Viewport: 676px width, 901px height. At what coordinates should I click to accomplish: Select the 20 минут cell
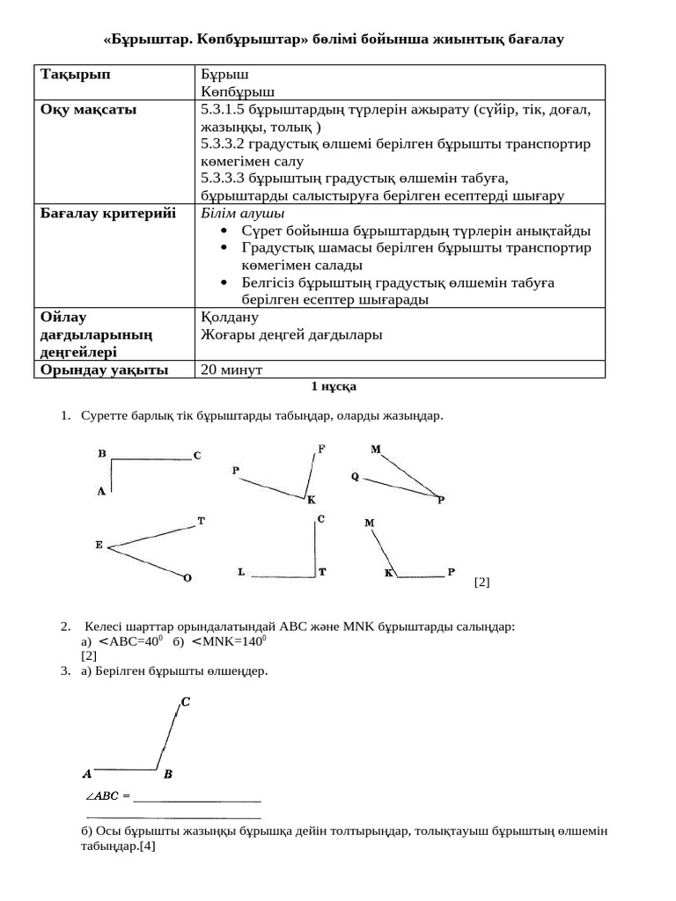(231, 370)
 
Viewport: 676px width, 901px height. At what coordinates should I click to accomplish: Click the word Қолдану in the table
(230, 318)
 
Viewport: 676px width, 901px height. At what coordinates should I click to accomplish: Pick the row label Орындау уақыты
(105, 370)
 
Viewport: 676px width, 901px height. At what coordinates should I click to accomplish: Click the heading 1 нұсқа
(334, 386)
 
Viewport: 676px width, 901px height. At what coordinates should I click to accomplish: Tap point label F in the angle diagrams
(321, 449)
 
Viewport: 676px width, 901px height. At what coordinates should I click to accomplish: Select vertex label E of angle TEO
(99, 546)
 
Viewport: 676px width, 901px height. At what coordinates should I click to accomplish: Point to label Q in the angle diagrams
(355, 477)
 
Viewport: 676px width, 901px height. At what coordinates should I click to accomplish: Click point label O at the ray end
(187, 578)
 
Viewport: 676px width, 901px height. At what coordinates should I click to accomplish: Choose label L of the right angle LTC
(241, 573)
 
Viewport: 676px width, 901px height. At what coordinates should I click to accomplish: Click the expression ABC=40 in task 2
(132, 641)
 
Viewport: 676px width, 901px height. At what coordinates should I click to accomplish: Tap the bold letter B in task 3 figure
(168, 775)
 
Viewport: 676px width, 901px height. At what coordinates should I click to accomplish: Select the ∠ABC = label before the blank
(107, 796)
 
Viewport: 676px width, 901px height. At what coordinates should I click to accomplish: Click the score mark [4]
(147, 846)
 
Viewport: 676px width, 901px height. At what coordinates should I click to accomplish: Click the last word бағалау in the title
(528, 40)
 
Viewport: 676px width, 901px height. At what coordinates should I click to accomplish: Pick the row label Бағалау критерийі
(108, 214)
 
